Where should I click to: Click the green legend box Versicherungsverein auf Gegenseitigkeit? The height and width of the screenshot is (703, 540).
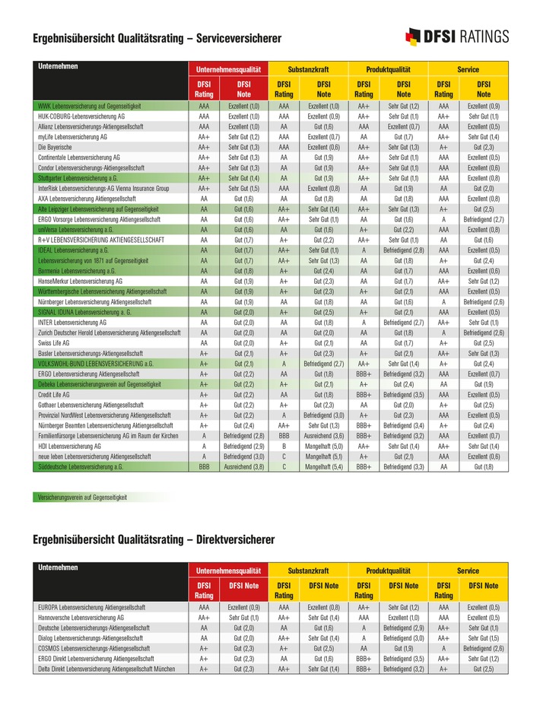pyautogui.click(x=83, y=497)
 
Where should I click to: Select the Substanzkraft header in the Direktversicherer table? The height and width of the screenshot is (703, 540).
pyautogui.click(x=308, y=570)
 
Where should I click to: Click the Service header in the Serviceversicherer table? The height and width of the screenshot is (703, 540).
pyautogui.click(x=468, y=69)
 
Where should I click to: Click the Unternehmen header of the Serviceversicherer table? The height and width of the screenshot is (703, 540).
pyautogui.click(x=58, y=67)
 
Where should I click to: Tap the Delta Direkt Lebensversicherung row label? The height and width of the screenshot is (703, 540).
pyautogui.click(x=106, y=668)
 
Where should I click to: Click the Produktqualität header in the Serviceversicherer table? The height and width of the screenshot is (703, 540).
pyautogui.click(x=388, y=69)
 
